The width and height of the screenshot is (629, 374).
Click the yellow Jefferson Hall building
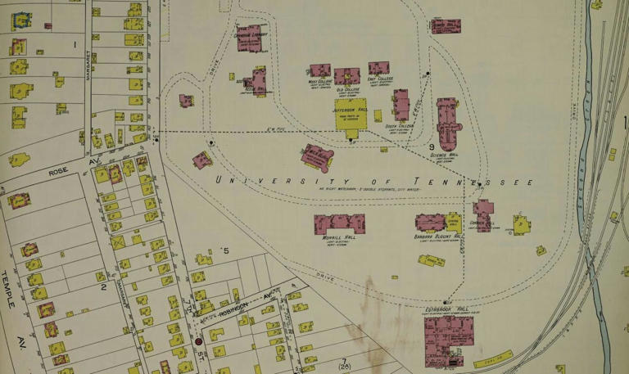pos(351,115)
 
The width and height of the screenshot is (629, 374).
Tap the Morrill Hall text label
pos(337,239)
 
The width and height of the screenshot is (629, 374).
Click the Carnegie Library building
pos(249,38)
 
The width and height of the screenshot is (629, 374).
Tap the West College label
pos(319,82)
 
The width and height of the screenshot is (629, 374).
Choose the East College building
pos(378,68)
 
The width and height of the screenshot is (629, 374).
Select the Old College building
pos(347,76)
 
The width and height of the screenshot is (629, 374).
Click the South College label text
pos(400,126)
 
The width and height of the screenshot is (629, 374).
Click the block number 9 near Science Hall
pos(431,146)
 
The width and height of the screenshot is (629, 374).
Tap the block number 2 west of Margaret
pos(103,286)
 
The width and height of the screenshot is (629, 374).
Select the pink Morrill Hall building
pos(339,223)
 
